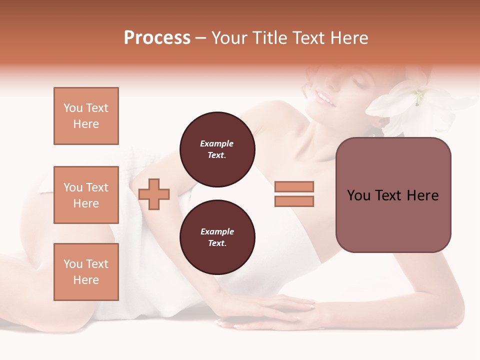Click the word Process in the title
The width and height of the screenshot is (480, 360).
157,38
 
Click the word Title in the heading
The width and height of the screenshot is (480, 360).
268,38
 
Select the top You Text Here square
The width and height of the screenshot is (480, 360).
86,116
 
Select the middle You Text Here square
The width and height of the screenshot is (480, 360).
86,195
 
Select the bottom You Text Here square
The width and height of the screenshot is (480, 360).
86,272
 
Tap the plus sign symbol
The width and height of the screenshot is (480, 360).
154,194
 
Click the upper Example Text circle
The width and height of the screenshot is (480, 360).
217,149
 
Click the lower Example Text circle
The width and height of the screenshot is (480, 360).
217,237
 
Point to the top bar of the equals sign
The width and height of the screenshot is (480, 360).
294,186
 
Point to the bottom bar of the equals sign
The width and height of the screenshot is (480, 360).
294,201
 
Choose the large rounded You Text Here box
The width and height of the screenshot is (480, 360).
393,195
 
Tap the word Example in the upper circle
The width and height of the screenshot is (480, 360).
217,143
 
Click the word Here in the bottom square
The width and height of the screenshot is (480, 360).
86,280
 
